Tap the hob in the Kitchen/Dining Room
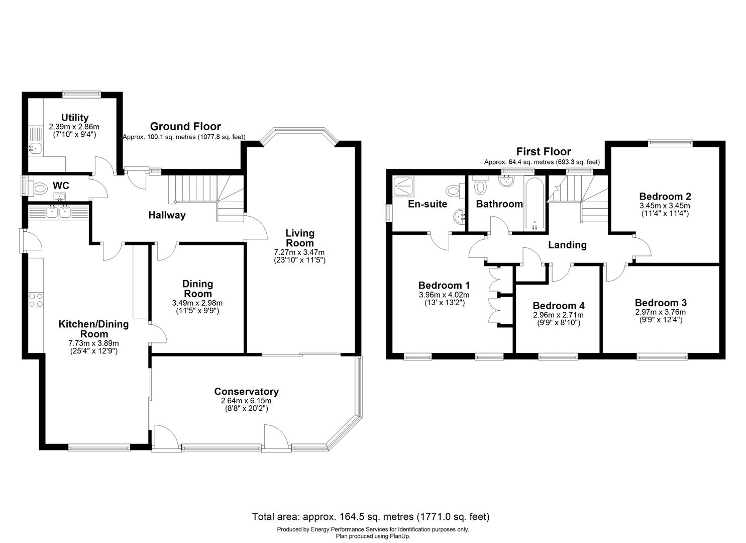(x=36, y=300)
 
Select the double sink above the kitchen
(x=58, y=212)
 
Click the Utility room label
(x=75, y=118)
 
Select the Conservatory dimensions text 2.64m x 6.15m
(x=246, y=401)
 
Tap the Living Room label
(x=300, y=238)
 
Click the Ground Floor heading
(x=185, y=127)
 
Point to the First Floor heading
(x=544, y=151)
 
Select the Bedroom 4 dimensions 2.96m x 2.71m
(x=558, y=315)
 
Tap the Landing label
(x=567, y=245)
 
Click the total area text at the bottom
(x=370, y=516)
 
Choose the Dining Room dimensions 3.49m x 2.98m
(x=197, y=303)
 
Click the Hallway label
(x=167, y=215)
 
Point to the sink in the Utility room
(x=35, y=148)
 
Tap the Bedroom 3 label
(x=660, y=303)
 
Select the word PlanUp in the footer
(x=399, y=536)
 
